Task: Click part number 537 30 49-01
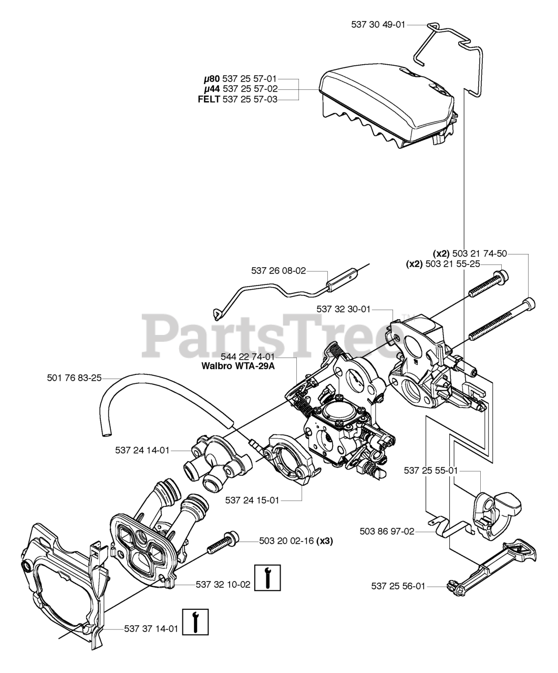[378, 24]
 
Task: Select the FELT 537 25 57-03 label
[250, 99]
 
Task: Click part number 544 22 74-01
[249, 356]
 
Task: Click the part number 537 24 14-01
[142, 450]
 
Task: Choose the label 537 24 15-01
[252, 500]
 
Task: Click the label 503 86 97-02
[388, 532]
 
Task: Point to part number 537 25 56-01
[398, 586]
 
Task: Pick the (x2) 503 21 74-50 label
[470, 253]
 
